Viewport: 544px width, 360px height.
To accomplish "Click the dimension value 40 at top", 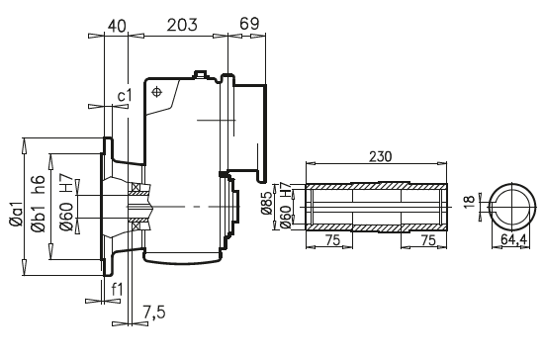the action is (x=117, y=26).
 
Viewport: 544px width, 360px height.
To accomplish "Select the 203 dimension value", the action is (x=182, y=25).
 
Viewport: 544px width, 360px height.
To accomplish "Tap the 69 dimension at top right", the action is (x=249, y=24).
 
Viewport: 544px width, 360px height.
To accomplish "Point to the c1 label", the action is (x=125, y=96).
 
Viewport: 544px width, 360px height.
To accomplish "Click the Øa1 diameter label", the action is (x=16, y=215).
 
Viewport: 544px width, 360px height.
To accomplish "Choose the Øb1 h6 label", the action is (x=38, y=204).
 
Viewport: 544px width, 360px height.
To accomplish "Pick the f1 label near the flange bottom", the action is (x=118, y=289).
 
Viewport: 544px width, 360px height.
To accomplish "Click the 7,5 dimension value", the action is (x=154, y=313).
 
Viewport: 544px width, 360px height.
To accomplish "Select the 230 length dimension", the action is (x=380, y=157).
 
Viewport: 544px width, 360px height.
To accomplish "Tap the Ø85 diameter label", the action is (x=267, y=202).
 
